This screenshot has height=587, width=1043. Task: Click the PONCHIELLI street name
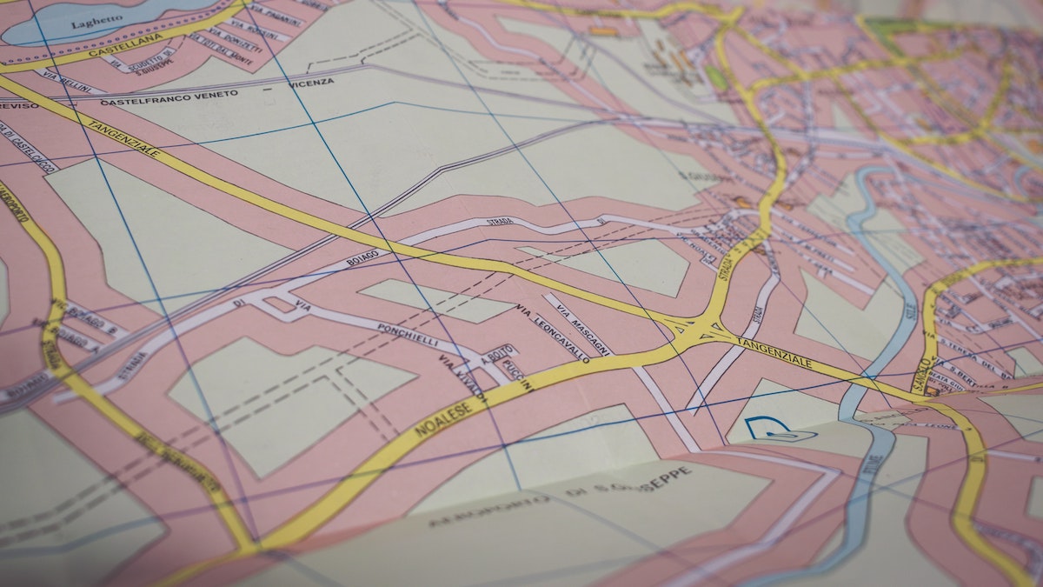[x=408, y=335]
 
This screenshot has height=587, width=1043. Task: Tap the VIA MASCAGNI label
[x=584, y=325]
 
